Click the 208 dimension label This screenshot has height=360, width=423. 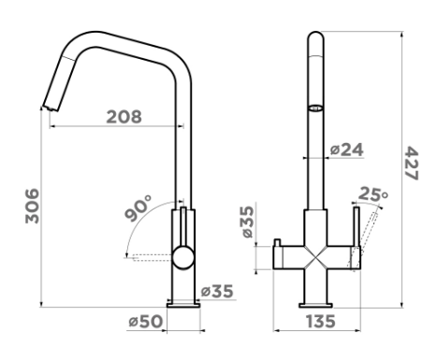(x=124, y=117)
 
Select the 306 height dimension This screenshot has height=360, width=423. (x=32, y=206)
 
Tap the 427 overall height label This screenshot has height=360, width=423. (x=411, y=163)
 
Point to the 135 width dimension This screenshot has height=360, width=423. (x=320, y=322)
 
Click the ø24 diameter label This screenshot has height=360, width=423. (x=347, y=150)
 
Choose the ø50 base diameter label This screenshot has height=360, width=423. (x=146, y=322)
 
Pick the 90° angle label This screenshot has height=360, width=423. (x=138, y=208)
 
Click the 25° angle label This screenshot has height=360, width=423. (x=373, y=194)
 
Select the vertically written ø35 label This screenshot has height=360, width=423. (x=248, y=222)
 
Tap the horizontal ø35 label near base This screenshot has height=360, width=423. (x=217, y=292)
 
